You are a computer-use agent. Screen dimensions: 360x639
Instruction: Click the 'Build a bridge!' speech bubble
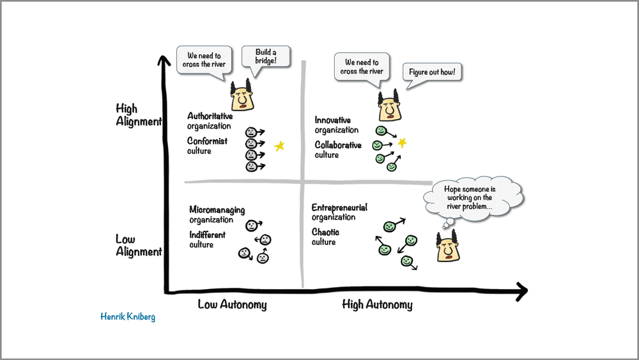tap(265, 56)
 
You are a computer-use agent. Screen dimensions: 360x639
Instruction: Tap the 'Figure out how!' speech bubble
tap(433, 73)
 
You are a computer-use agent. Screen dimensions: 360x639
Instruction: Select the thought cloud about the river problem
tap(473, 198)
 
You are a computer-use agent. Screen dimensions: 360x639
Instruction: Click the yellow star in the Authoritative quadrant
tap(279, 146)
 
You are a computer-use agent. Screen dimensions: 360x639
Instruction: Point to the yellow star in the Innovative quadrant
tap(402, 143)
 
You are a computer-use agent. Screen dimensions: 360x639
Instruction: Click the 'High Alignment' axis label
tap(138, 115)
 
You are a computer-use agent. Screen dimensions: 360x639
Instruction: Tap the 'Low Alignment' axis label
tap(138, 246)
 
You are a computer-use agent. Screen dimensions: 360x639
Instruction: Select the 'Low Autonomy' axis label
tap(232, 304)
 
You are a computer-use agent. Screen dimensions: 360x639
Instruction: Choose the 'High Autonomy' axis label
tap(377, 304)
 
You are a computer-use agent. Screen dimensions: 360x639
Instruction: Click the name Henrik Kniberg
tap(128, 317)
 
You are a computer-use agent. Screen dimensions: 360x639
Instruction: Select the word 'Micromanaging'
tap(217, 210)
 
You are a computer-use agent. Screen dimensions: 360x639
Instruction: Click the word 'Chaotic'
tap(325, 232)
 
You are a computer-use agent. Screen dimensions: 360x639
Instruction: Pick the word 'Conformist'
tap(207, 141)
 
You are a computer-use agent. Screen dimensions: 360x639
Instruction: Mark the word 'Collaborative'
tap(338, 145)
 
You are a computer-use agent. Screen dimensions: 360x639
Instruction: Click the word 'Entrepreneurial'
tap(339, 208)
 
